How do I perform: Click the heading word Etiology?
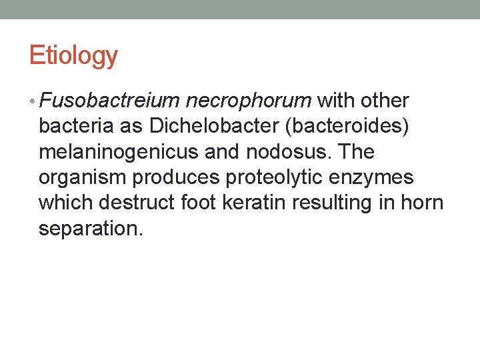pos(73,56)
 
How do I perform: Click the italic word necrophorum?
pos(249,101)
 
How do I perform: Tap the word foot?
pos(197,203)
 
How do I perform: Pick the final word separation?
pos(91,228)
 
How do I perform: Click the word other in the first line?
pos(385,101)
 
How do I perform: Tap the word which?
pos(67,203)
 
